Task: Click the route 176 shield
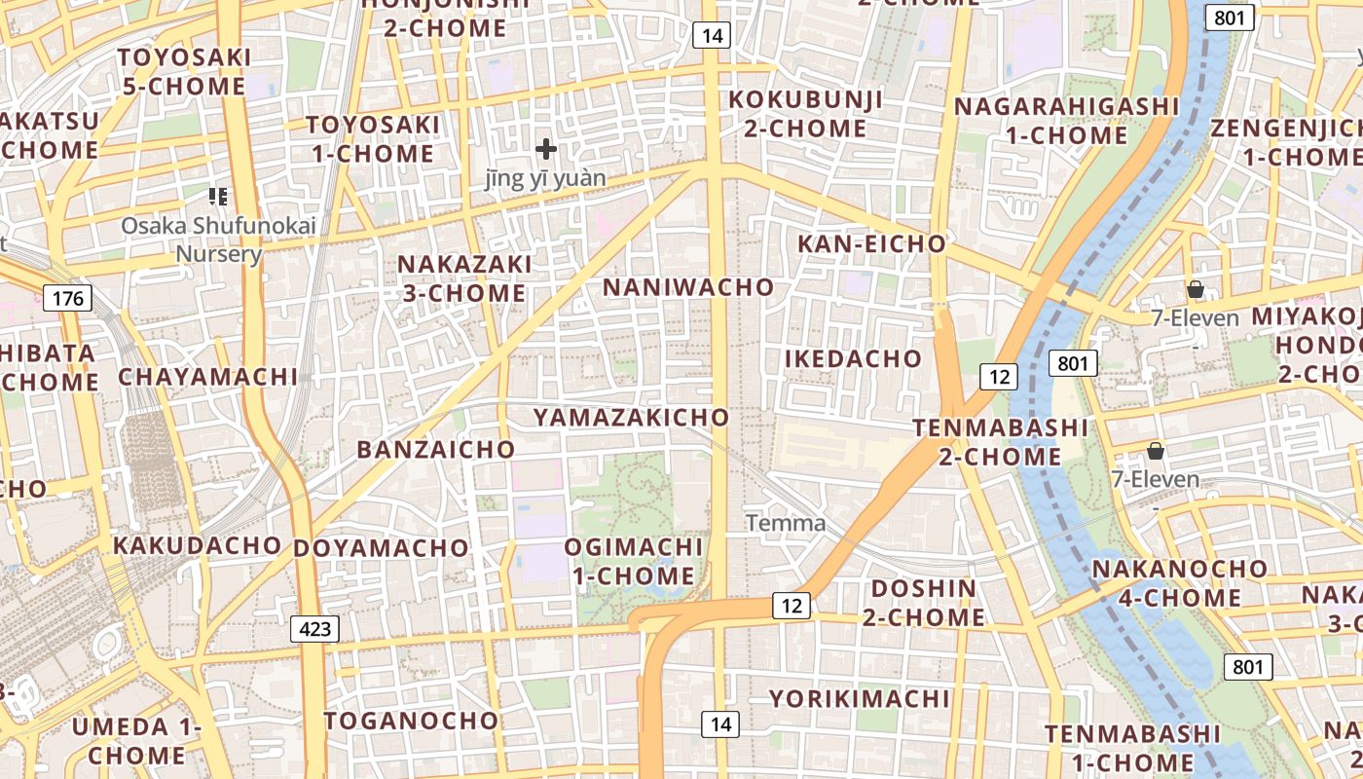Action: coord(68,297)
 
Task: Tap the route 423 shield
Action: coord(314,629)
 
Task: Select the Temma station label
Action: coord(786,523)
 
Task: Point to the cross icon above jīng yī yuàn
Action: coord(546,149)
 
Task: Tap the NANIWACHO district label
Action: coord(688,287)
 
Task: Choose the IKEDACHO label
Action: coord(853,358)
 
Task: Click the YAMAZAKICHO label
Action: coord(631,418)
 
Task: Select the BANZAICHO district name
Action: coord(435,449)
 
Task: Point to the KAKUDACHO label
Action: coord(197,545)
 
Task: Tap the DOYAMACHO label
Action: coord(381,548)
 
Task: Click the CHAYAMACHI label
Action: coord(208,377)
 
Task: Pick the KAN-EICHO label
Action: coord(871,244)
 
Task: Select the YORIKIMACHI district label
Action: coord(859,699)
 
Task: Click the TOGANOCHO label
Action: coord(411,721)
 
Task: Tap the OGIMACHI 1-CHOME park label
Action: coord(633,561)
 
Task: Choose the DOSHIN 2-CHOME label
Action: coord(923,603)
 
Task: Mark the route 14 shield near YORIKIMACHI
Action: coord(719,723)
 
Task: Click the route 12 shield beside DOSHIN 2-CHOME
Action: coord(792,606)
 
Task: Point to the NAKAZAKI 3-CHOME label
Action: coord(464,278)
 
